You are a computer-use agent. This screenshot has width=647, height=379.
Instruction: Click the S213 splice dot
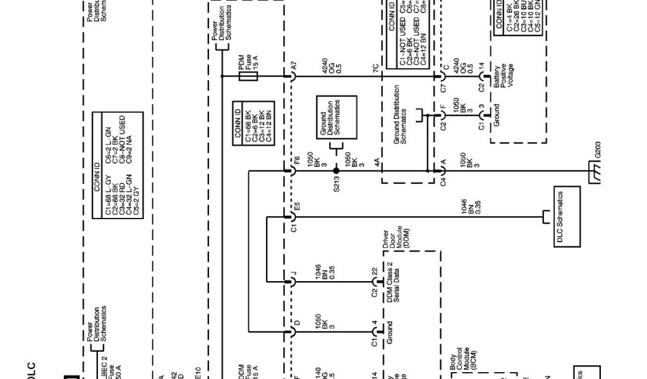(x=336, y=170)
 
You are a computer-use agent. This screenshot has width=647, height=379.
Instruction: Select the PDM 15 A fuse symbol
(x=249, y=76)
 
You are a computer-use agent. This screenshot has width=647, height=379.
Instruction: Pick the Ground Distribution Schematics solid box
(x=337, y=119)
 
